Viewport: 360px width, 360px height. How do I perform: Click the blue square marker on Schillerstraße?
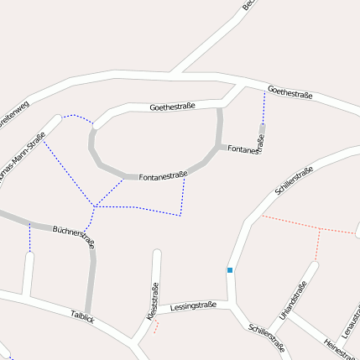(x=229, y=270)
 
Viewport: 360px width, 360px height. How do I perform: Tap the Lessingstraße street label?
(x=193, y=306)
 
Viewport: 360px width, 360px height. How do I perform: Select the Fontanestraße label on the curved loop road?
(x=162, y=176)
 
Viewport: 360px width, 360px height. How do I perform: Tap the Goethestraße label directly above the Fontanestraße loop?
(x=172, y=107)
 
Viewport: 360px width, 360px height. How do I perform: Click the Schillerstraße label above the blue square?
(x=294, y=180)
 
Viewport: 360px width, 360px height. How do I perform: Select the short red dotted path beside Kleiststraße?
(x=155, y=327)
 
